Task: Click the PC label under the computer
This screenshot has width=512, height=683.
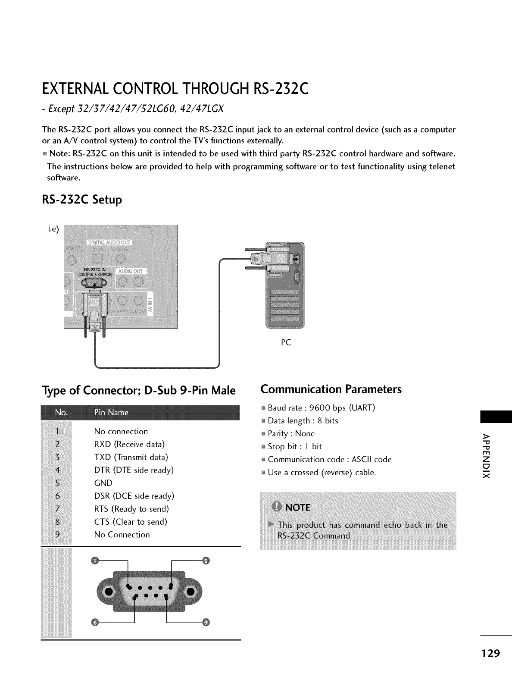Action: (286, 342)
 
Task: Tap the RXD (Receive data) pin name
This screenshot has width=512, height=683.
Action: (129, 444)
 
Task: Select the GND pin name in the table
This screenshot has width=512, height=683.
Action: (103, 483)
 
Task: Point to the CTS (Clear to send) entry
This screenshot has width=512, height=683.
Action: (131, 522)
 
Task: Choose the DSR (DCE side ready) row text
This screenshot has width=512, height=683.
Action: (134, 496)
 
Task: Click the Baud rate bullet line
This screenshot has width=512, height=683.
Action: (321, 408)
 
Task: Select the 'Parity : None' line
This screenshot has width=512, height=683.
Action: (291, 434)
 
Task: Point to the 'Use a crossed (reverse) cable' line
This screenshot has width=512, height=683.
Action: (322, 473)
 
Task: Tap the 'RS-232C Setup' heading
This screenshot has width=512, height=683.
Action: (82, 200)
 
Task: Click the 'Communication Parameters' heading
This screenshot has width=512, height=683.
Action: (331, 389)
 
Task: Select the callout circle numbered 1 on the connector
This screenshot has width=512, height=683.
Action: (95, 561)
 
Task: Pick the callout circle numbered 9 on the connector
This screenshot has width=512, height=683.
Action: (206, 623)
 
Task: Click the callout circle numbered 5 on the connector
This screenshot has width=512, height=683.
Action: (206, 561)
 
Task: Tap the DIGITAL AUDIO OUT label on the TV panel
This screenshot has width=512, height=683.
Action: (110, 243)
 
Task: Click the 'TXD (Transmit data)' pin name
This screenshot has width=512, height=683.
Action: (131, 457)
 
